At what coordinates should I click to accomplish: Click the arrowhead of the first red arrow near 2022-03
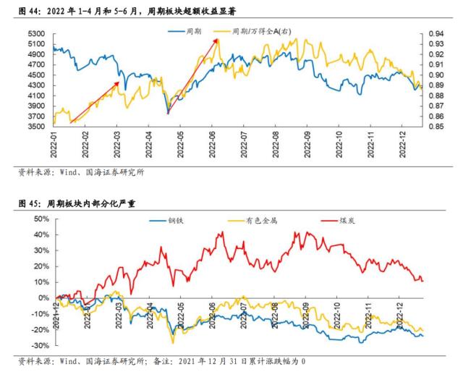click(x=118, y=83)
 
